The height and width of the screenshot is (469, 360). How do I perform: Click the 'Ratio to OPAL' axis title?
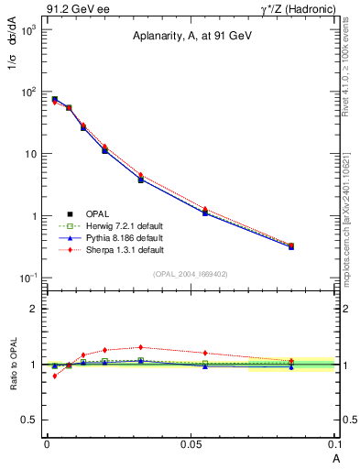tap(14, 364)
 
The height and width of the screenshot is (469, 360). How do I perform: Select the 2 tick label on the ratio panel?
tap(37, 309)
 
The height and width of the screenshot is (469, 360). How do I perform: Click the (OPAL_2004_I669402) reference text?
tap(191, 273)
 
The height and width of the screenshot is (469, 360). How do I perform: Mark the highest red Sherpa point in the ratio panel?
tap(140, 347)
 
